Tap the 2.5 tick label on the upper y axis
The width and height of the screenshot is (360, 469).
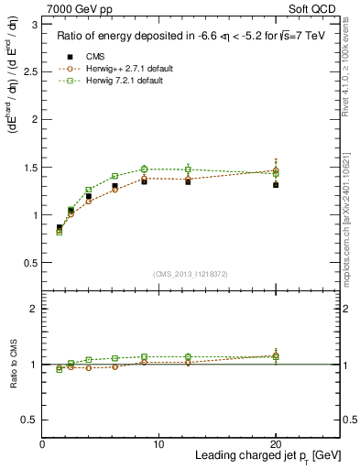point(30,72)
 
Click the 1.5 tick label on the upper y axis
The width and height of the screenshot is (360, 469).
point(30,168)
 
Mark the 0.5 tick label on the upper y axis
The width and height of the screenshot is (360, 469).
point(30,263)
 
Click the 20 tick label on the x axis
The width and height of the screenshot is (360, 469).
point(276,443)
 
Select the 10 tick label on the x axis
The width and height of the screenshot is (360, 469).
point(159,443)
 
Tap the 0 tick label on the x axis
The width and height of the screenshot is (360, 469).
point(42,443)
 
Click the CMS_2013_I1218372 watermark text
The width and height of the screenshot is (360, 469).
point(191,274)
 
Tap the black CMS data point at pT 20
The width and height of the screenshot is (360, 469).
point(276,184)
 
